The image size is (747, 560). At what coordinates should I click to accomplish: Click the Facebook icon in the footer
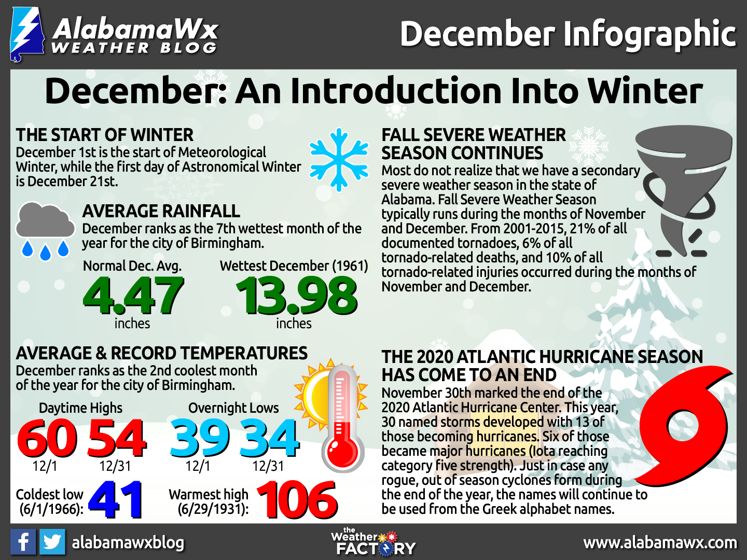tap(23, 542)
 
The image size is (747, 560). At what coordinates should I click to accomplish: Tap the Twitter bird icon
tap(52, 542)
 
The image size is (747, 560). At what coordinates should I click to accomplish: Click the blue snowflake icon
tap(339, 160)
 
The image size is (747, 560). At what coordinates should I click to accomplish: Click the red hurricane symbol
tap(685, 420)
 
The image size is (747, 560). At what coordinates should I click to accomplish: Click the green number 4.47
tap(133, 296)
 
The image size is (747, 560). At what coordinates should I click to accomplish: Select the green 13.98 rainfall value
tap(297, 296)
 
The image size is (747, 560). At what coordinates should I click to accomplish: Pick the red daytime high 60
tap(47, 439)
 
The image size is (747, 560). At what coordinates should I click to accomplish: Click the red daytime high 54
tap(117, 439)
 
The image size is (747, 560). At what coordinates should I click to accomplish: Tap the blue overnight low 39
tap(200, 439)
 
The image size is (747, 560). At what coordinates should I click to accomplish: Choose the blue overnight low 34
tap(269, 439)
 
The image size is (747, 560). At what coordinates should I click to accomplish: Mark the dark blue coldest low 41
tap(116, 500)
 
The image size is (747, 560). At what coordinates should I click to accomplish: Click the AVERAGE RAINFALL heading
tap(161, 211)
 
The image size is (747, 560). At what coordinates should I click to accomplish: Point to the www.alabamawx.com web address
tap(660, 543)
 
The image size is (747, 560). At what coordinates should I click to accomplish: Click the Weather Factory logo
tap(374, 542)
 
